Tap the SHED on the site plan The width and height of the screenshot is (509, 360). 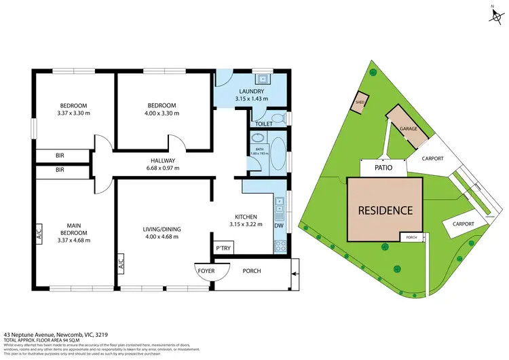[x=360, y=103]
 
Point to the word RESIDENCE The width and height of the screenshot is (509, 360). [x=385, y=210]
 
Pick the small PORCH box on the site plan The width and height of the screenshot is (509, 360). [x=411, y=238]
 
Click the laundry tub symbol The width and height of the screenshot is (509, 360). [x=263, y=77]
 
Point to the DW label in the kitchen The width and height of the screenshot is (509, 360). [x=278, y=226]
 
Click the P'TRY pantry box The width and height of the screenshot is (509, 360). [x=223, y=249]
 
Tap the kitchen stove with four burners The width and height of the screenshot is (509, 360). [x=278, y=244]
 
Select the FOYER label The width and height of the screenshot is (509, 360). [x=206, y=271]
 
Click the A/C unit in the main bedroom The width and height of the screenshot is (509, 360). [x=39, y=233]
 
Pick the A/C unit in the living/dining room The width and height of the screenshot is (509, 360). [x=120, y=262]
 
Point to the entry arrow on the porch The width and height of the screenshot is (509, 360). [x=293, y=274]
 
